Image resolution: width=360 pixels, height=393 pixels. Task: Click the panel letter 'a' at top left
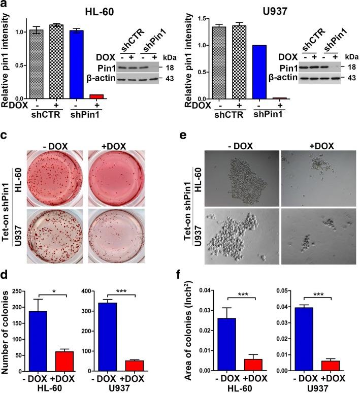point(5,6)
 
